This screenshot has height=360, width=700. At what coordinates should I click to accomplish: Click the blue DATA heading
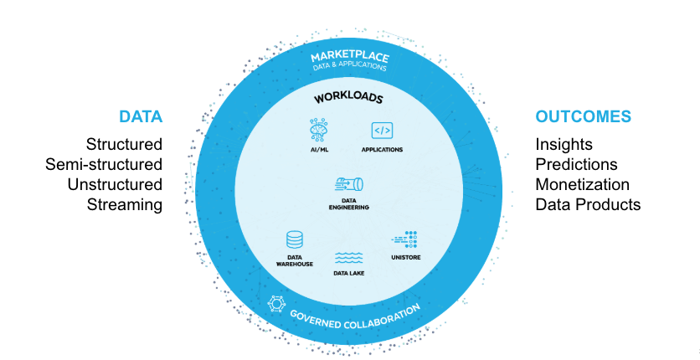pyautogui.click(x=141, y=116)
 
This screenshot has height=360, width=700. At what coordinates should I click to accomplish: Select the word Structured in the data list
pyautogui.click(x=124, y=144)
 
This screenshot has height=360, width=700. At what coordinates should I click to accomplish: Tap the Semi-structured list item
pyautogui.click(x=104, y=164)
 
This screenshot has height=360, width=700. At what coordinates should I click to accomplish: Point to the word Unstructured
pyautogui.click(x=115, y=184)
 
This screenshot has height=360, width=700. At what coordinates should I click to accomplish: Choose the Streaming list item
pyautogui.click(x=125, y=205)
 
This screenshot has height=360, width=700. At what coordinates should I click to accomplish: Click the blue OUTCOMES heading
pyautogui.click(x=583, y=116)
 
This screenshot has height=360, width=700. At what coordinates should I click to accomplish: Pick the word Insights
pyautogui.click(x=564, y=145)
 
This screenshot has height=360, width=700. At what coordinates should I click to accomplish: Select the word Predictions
pyautogui.click(x=576, y=164)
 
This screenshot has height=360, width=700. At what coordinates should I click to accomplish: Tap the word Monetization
pyautogui.click(x=582, y=184)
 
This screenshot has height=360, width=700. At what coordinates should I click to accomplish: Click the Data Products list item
pyautogui.click(x=588, y=204)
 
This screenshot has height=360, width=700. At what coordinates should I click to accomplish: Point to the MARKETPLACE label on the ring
pyautogui.click(x=350, y=57)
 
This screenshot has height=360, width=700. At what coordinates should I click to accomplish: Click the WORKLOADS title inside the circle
pyautogui.click(x=348, y=98)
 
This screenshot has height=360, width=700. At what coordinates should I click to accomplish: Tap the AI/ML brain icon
pyautogui.click(x=319, y=131)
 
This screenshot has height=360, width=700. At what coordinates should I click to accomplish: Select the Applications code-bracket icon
pyautogui.click(x=382, y=131)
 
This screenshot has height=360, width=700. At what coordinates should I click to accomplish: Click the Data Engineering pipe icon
pyautogui.click(x=348, y=184)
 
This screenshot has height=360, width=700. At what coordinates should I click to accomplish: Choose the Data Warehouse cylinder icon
pyautogui.click(x=295, y=240)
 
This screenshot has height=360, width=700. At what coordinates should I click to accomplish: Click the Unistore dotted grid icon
pyautogui.click(x=404, y=239)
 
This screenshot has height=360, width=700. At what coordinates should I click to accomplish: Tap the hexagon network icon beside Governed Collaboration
pyautogui.click(x=276, y=304)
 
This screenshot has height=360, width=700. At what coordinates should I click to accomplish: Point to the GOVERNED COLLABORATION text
pyautogui.click(x=355, y=318)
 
